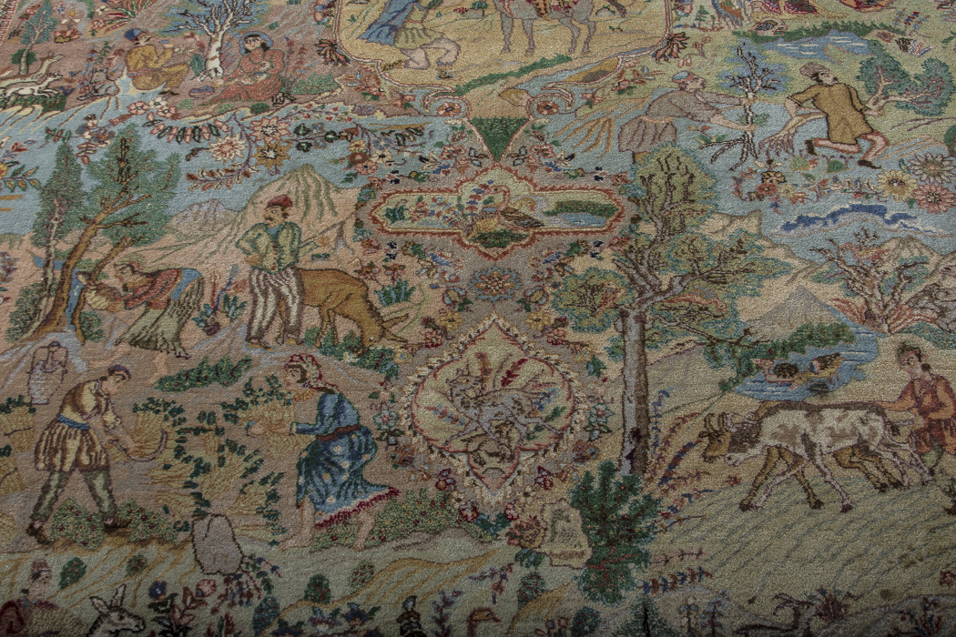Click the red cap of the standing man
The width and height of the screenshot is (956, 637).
(x=280, y=202)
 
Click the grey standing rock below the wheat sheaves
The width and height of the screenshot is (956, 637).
(x=216, y=544)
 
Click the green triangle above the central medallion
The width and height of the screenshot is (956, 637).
(x=497, y=136)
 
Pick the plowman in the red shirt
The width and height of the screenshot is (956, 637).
(x=924, y=405)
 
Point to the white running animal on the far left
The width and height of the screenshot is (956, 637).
(x=27, y=86)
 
